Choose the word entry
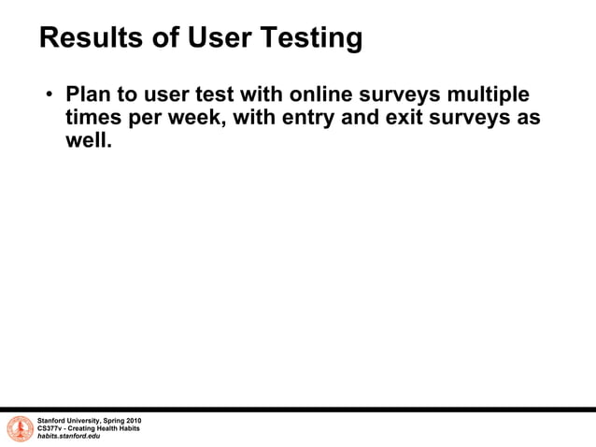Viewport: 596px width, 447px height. pyautogui.click(x=303, y=120)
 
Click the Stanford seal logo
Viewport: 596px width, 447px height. pyautogui.click(x=20, y=428)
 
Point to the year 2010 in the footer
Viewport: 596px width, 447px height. pyautogui.click(x=132, y=421)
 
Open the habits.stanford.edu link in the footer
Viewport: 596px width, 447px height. pyautogui.click(x=68, y=436)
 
